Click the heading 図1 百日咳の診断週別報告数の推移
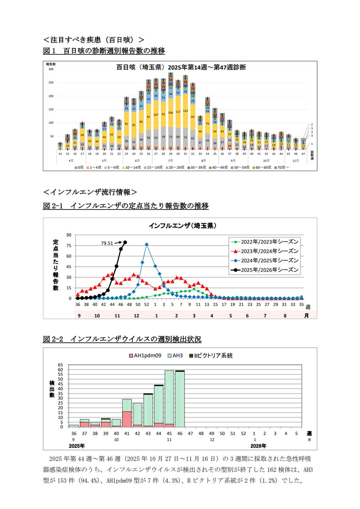(104, 51)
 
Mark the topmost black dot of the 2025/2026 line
(125, 242)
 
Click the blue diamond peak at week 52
(146, 244)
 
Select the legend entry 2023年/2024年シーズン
(265, 250)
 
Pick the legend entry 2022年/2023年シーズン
(265, 241)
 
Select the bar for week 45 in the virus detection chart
(169, 399)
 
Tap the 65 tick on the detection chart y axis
(61, 365)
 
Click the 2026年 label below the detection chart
(258, 446)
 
